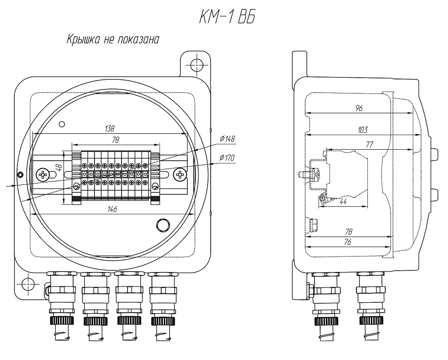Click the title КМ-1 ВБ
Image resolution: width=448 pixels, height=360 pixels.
tap(223, 17)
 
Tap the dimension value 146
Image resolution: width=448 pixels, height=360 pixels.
tap(112, 209)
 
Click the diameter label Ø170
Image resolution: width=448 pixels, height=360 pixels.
tap(227, 158)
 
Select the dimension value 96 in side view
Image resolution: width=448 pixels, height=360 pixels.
tap(358, 108)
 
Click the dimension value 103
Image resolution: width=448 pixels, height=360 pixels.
tap(362, 130)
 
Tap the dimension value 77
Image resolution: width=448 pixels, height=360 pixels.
tap(370, 145)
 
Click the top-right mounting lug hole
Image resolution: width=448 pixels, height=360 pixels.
tap(196, 64)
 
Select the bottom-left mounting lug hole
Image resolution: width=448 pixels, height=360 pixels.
tap(28, 284)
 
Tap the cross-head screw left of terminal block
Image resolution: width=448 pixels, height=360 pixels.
tap(44, 174)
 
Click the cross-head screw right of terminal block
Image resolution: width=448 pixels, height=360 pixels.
tap(180, 174)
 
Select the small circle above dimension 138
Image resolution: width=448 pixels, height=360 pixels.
tap(62, 124)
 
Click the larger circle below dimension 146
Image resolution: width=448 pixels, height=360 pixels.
tap(162, 225)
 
